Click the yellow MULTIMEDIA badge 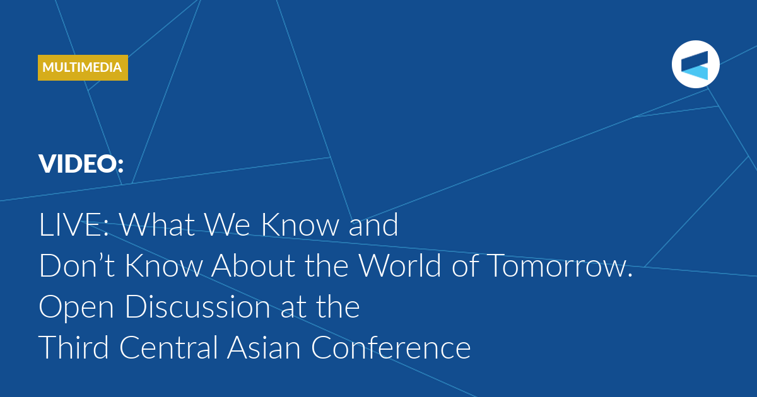point(83,67)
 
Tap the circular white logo point(695,64)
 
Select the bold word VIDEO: point(81,164)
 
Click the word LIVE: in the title point(74,224)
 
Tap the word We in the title point(228,224)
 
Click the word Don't point(77,266)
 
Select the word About point(254,266)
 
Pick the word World point(400,266)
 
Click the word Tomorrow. point(560,266)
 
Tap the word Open point(76,308)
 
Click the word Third point(74,347)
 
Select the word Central point(168,347)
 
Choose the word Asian point(264,347)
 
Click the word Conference point(390,347)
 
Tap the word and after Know point(373,224)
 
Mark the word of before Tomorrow point(465,265)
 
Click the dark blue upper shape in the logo point(695,60)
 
